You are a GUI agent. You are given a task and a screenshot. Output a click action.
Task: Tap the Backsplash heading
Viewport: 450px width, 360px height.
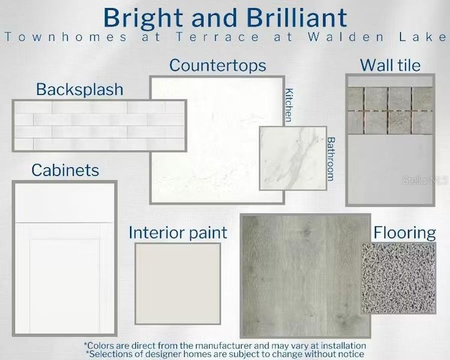pyautogui.click(x=79, y=89)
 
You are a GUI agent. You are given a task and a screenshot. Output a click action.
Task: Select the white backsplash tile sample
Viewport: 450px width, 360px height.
pyautogui.click(x=99, y=125)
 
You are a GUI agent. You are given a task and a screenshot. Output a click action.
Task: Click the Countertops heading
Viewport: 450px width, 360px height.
pyautogui.click(x=217, y=65)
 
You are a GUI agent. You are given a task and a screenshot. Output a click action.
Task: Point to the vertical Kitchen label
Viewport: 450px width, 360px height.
pyautogui.click(x=289, y=106)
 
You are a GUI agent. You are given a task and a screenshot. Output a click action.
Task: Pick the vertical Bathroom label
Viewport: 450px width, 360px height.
pyautogui.click(x=331, y=158)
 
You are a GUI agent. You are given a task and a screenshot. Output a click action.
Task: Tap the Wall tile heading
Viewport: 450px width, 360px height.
pyautogui.click(x=390, y=65)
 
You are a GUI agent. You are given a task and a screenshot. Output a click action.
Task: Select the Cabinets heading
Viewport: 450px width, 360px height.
pyautogui.click(x=65, y=170)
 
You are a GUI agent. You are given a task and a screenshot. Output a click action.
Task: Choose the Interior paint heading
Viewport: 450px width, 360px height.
pyautogui.click(x=178, y=233)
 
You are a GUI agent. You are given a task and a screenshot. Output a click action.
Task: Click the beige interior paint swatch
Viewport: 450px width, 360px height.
pyautogui.click(x=178, y=275)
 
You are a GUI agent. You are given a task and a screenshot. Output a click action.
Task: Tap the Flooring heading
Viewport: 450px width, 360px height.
pyautogui.click(x=404, y=233)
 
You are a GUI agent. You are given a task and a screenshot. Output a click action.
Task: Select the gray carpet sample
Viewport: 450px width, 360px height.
pyautogui.click(x=398, y=277)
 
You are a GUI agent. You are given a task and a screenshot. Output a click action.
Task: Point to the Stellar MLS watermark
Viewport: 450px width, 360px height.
pyautogui.click(x=424, y=179)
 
